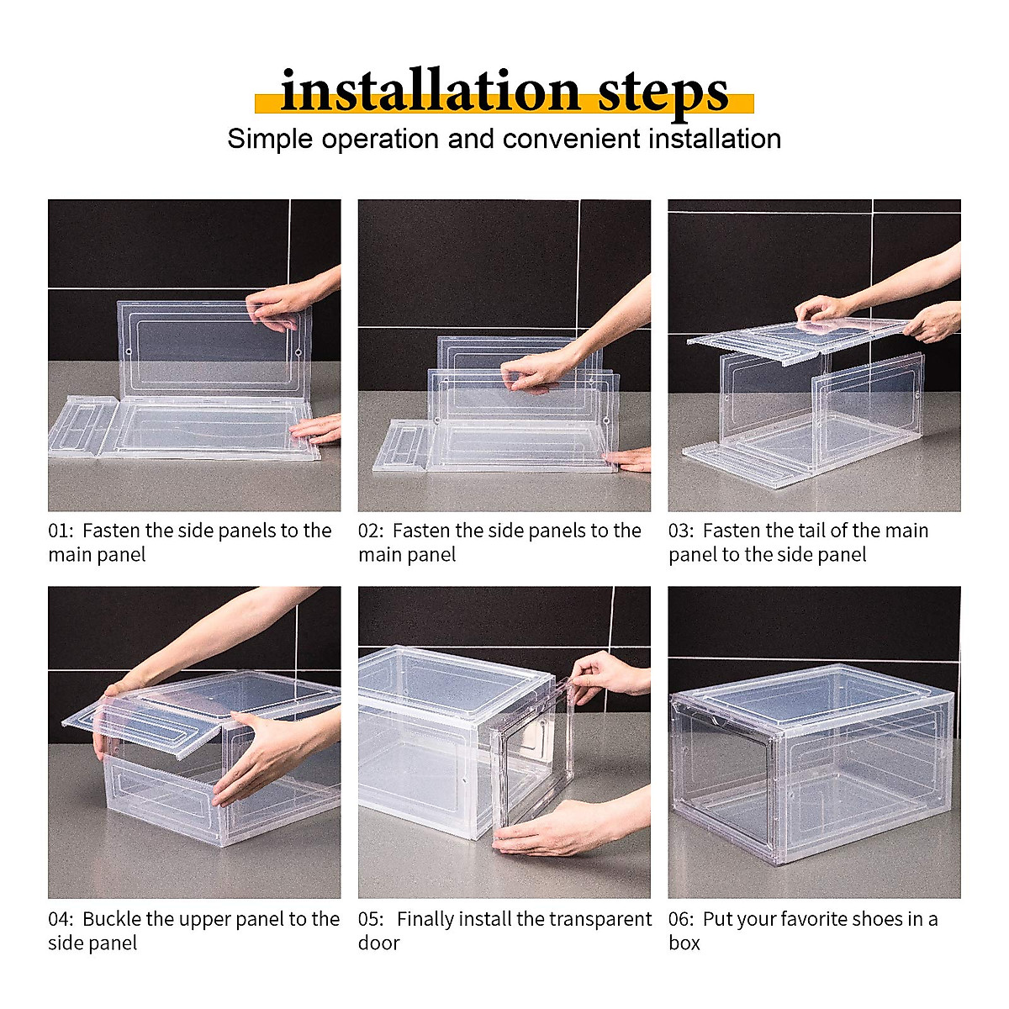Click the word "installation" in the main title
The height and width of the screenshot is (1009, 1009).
coord(430,91)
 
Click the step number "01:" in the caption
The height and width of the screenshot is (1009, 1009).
coord(61,531)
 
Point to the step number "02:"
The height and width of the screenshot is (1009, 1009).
coord(371,531)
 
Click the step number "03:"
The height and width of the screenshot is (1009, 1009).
coord(681,531)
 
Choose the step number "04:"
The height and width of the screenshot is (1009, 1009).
coord(61,919)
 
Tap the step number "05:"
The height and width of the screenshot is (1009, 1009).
coord(371,919)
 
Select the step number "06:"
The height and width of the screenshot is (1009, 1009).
coord(681,919)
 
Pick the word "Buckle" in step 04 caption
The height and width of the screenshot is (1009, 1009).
coord(111,919)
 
